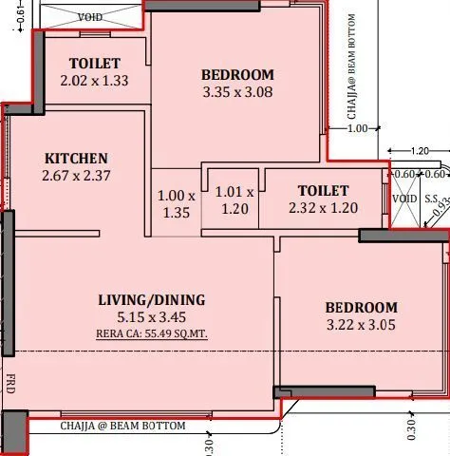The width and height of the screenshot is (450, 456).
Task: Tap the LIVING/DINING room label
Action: [151, 300]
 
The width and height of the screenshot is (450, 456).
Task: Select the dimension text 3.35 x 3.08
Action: [237, 93]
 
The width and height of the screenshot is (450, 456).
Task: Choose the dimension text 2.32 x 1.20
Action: [323, 208]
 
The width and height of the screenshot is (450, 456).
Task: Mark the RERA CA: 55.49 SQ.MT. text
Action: [151, 333]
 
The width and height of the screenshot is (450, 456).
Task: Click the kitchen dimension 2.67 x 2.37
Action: [76, 176]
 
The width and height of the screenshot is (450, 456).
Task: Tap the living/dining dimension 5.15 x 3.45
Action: [151, 317]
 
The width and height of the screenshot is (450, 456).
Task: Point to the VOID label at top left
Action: [91, 17]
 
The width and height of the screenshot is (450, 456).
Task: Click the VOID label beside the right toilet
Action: [404, 199]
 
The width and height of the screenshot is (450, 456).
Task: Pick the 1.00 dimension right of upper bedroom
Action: [358, 129]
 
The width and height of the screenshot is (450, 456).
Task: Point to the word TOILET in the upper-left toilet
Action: [93, 64]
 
